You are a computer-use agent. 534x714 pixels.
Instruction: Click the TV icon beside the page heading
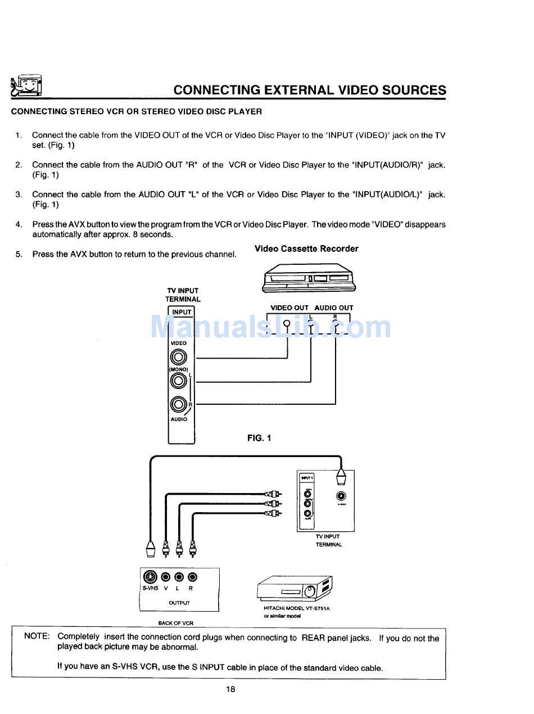(x=27, y=86)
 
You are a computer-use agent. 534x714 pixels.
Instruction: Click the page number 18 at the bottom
(x=230, y=690)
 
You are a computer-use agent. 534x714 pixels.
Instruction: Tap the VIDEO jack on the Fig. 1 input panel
(x=179, y=357)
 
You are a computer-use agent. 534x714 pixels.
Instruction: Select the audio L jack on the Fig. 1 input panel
(x=178, y=381)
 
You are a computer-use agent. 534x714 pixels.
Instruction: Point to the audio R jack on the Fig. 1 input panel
(x=178, y=404)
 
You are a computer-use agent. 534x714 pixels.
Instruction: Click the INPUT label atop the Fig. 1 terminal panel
(x=182, y=312)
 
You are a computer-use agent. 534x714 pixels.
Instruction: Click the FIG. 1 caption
(x=259, y=437)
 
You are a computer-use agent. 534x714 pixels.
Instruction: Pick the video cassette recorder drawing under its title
(x=309, y=278)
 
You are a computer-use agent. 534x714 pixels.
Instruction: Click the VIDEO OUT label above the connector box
(x=289, y=308)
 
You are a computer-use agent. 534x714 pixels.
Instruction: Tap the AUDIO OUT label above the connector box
(x=334, y=308)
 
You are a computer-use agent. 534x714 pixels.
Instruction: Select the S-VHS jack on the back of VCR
(x=150, y=577)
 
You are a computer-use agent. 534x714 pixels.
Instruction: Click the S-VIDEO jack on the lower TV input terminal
(x=341, y=496)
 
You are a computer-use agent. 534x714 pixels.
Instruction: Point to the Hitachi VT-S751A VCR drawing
(x=295, y=589)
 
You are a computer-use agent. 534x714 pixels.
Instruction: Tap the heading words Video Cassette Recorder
(x=306, y=248)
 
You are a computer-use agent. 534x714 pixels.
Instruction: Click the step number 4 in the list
(x=19, y=224)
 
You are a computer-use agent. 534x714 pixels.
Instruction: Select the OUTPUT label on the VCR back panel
(x=179, y=603)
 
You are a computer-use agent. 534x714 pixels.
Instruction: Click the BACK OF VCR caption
(x=176, y=623)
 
